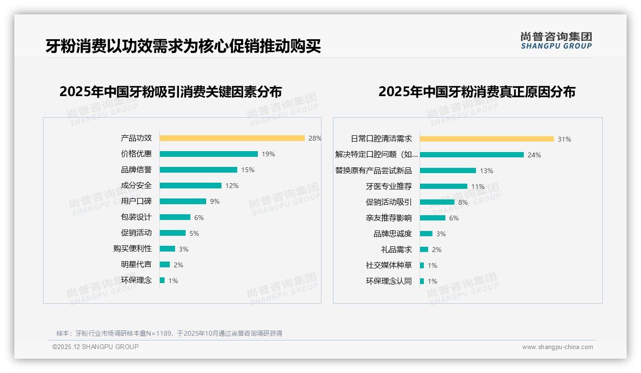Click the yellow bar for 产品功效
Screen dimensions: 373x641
point(232,138)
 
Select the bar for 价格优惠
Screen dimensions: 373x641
point(209,154)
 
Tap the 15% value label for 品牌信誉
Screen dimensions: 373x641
point(248,170)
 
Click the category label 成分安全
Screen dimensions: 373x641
point(136,186)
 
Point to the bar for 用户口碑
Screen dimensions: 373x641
point(183,201)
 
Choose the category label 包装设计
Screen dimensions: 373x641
point(136,217)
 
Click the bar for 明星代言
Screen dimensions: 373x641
point(165,264)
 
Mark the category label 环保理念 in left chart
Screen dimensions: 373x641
point(136,280)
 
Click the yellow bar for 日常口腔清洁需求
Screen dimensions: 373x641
point(487,139)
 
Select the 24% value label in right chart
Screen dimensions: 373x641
point(534,155)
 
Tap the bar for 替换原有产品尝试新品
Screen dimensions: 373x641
point(448,171)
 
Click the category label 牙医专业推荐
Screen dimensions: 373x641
point(389,186)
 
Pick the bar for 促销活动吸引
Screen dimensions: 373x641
point(437,202)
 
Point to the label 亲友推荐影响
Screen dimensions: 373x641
point(389,218)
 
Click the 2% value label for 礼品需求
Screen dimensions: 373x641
point(436,250)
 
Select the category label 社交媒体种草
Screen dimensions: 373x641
point(389,265)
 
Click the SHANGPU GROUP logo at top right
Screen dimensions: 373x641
point(556,41)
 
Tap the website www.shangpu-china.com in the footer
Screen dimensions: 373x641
point(557,347)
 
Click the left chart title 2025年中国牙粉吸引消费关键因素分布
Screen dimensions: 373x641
point(171,91)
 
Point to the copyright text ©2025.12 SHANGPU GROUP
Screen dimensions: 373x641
point(96,347)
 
